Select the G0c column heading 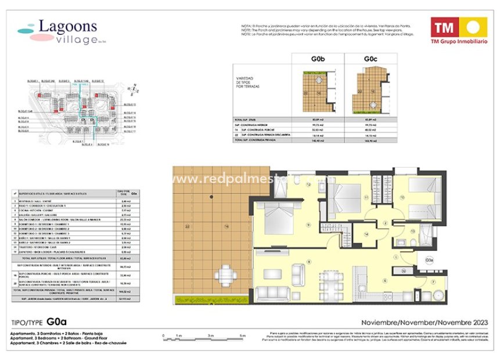tap(371, 59)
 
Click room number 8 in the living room tap(309, 262)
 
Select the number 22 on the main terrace tap(186, 226)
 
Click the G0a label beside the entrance tap(429, 259)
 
